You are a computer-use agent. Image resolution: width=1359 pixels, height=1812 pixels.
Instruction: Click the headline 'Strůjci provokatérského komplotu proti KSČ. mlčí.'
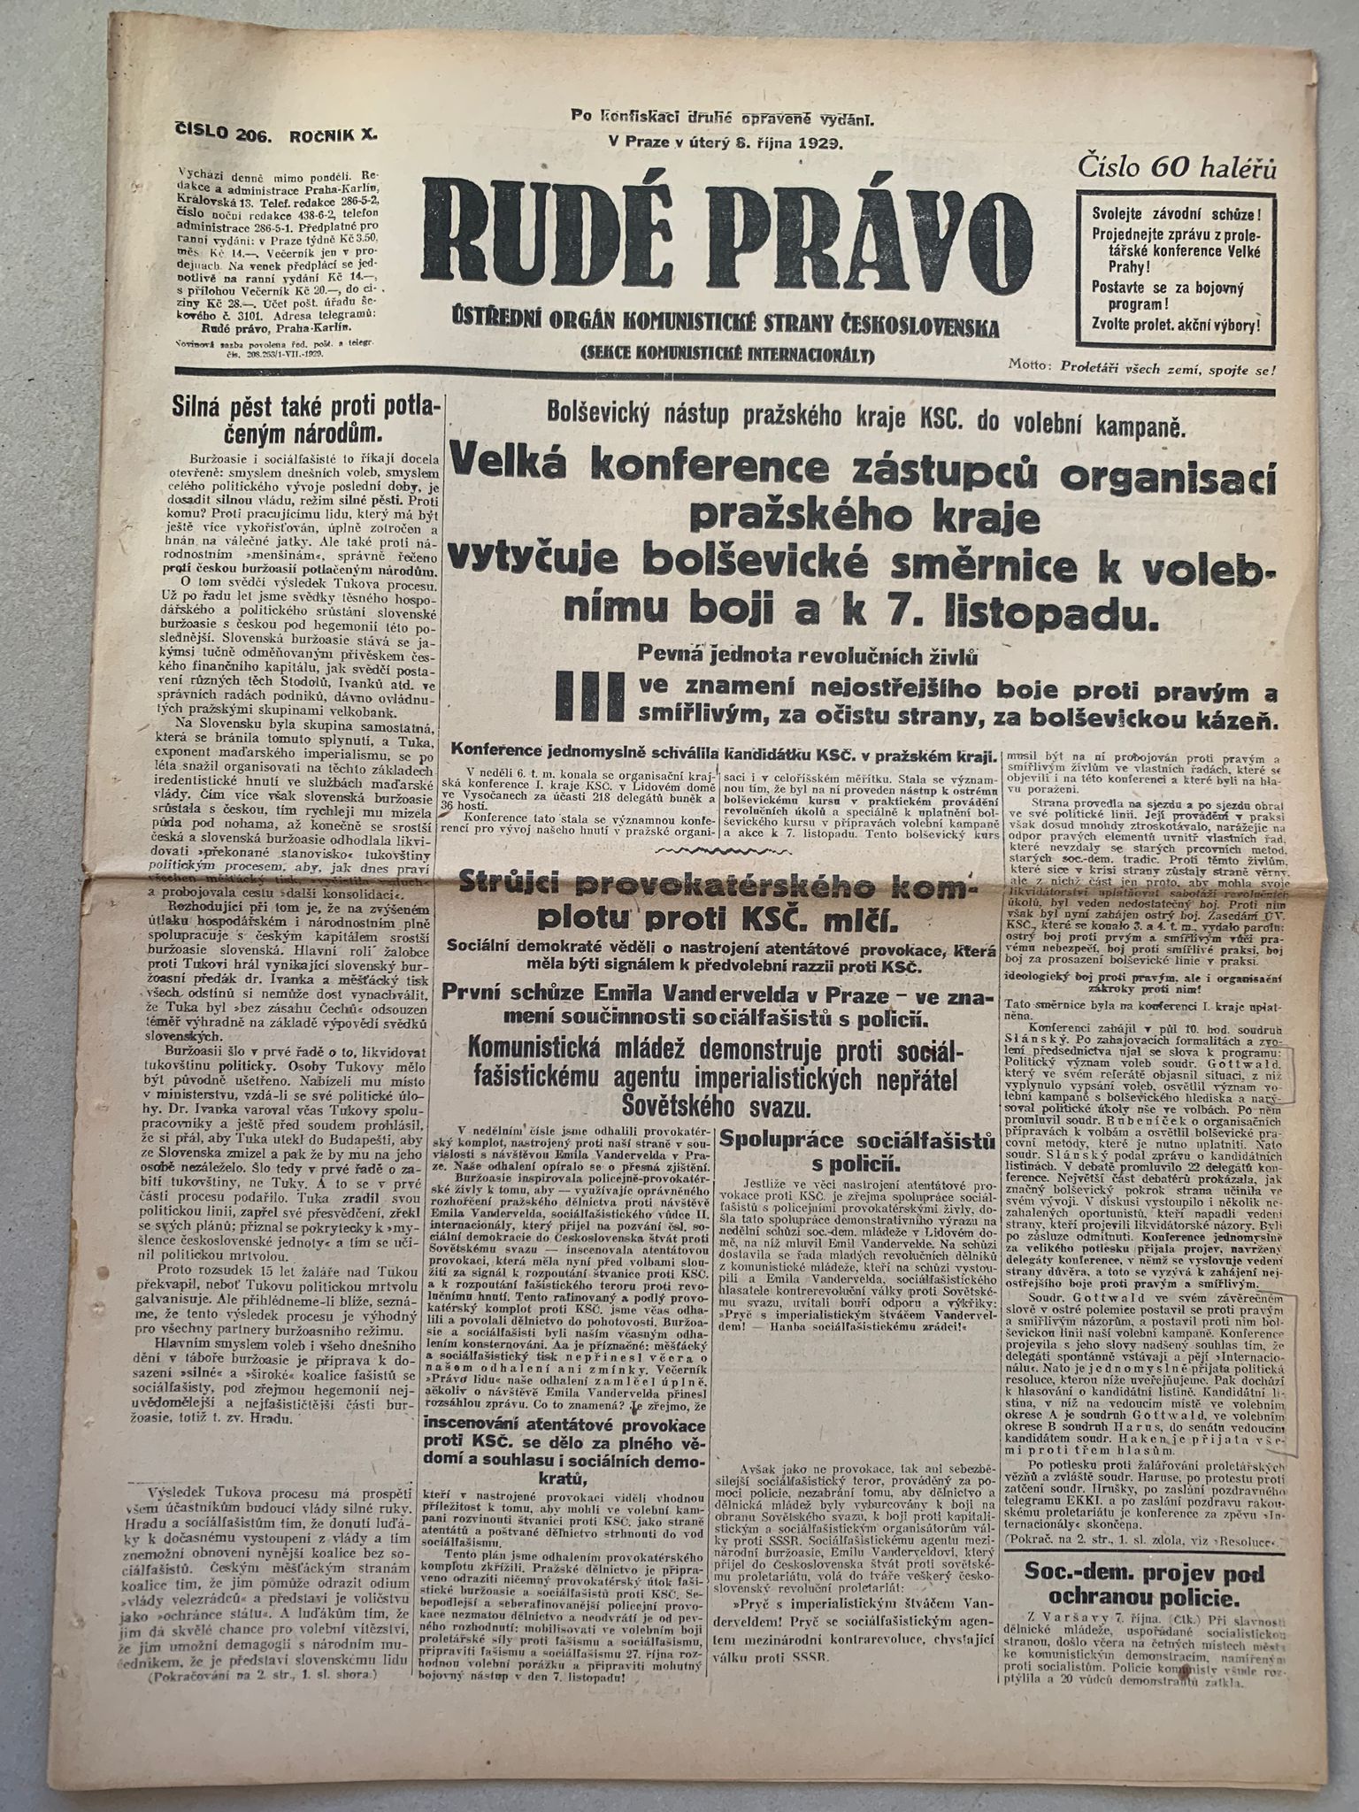718,906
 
